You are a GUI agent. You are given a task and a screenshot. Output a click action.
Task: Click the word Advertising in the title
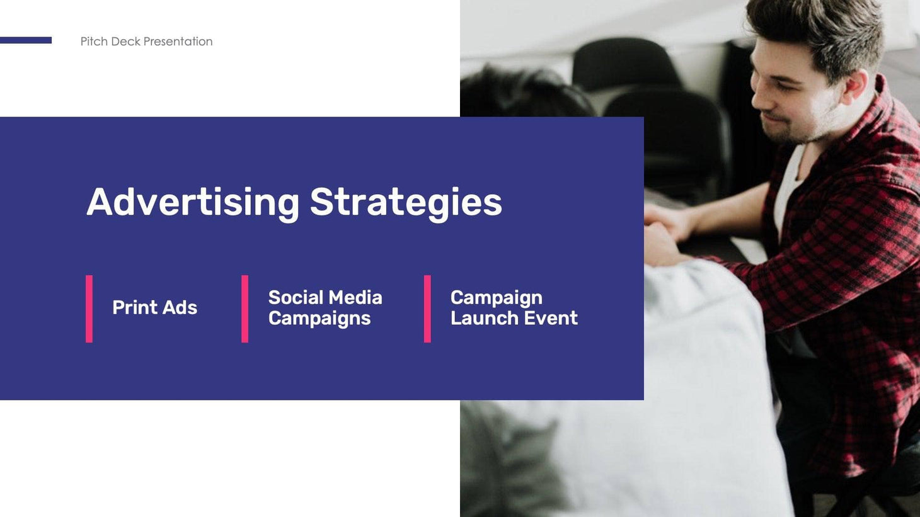(192, 202)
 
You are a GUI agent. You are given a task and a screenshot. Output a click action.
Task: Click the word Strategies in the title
(406, 202)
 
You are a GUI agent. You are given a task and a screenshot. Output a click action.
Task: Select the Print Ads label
(154, 307)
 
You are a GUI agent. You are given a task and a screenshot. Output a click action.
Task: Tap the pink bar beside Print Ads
(89, 309)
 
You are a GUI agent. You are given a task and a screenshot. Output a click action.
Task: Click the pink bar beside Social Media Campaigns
(244, 309)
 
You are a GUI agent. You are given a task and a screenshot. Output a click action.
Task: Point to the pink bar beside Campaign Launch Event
(427, 309)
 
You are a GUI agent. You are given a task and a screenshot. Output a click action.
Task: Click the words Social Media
(325, 297)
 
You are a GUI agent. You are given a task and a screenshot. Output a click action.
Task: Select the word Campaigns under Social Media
(319, 319)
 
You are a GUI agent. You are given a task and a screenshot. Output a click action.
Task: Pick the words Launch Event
(514, 318)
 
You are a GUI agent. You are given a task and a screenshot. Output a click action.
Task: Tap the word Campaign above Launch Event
(496, 297)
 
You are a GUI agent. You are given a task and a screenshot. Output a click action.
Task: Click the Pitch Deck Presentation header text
(146, 42)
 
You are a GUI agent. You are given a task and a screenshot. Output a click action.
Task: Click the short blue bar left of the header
(26, 40)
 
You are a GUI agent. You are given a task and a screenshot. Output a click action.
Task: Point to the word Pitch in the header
(93, 42)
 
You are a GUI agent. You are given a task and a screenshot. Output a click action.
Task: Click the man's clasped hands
(662, 233)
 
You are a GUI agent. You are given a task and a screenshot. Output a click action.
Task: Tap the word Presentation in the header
(178, 42)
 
